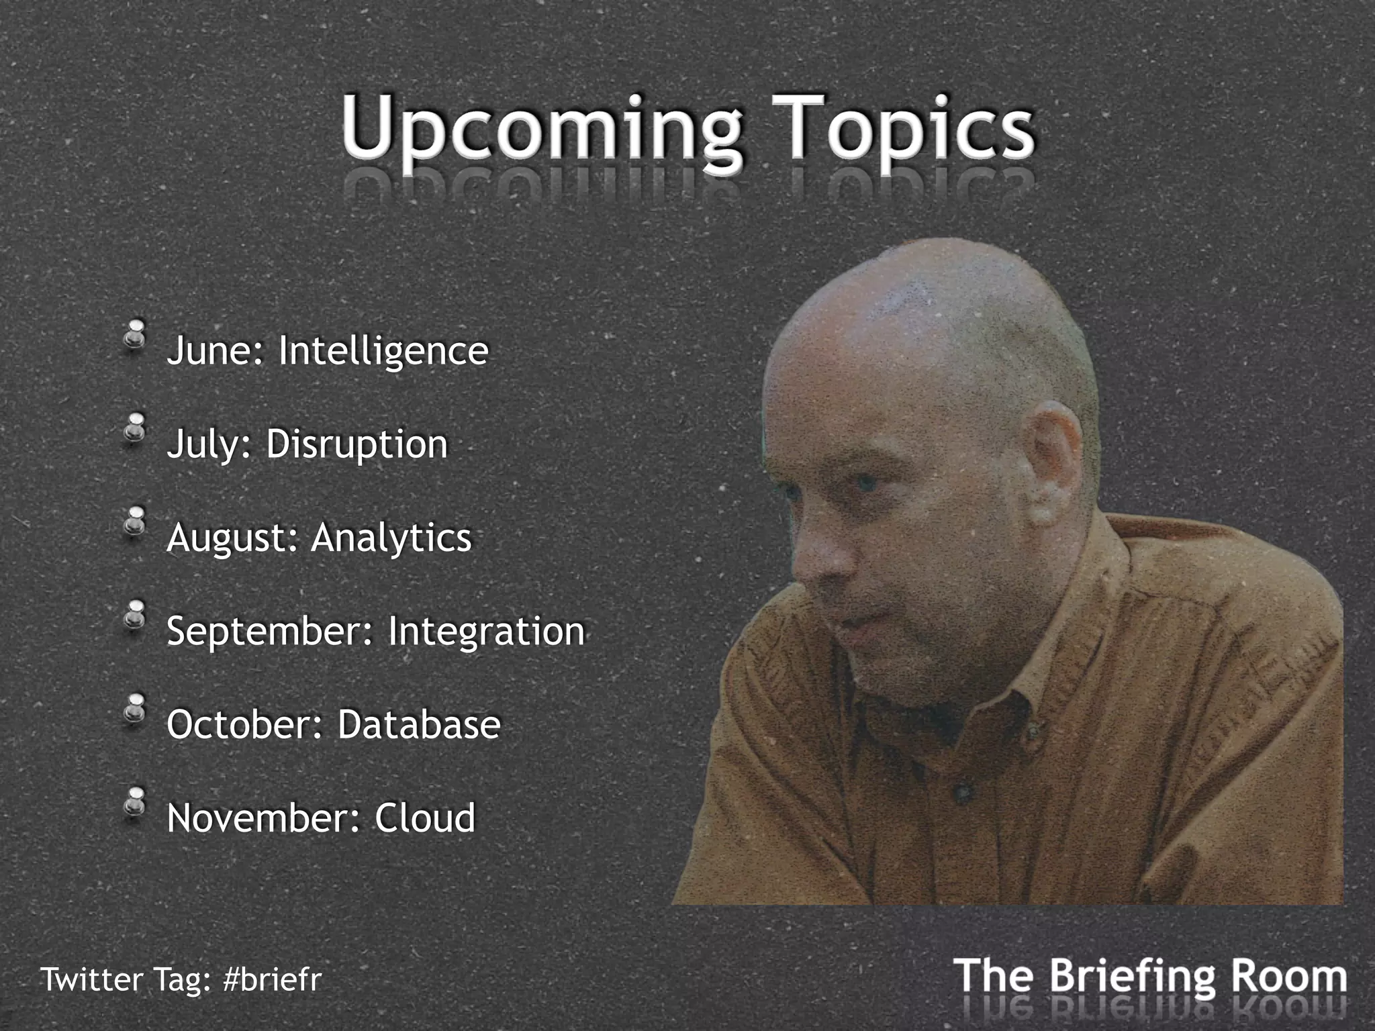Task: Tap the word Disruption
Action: point(357,445)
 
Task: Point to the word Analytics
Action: point(391,538)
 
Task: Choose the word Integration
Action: point(486,632)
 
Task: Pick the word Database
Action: point(419,725)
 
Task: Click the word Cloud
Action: point(424,818)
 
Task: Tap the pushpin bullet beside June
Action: point(136,334)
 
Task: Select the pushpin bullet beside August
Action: point(136,522)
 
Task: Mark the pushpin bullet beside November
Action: point(136,802)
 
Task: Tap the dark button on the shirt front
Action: point(965,793)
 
